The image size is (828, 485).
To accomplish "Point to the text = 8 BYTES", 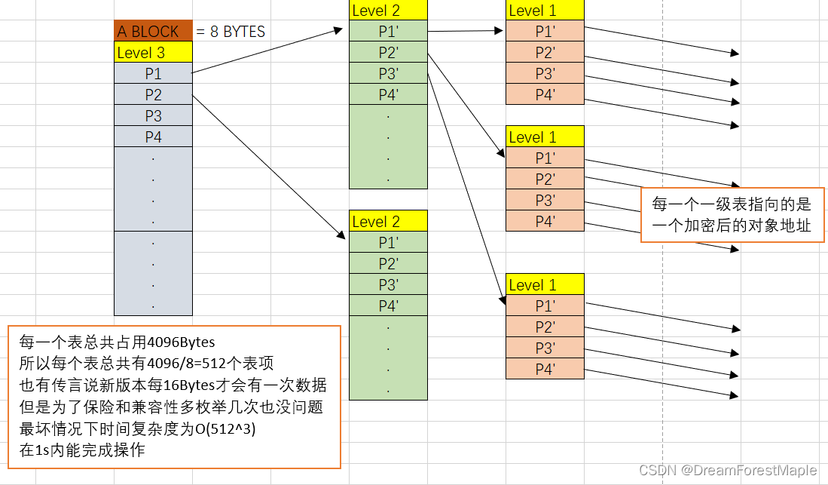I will [231, 32].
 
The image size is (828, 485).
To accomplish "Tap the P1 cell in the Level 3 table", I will [153, 74].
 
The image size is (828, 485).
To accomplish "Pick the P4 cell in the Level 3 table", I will [153, 137].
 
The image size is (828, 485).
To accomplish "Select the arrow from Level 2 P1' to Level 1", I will [465, 31].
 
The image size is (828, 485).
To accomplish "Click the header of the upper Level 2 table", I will [388, 11].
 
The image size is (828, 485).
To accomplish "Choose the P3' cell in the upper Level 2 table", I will [388, 74].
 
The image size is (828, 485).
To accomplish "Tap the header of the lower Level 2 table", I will [388, 222].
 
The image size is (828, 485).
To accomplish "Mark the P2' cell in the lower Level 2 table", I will [388, 264].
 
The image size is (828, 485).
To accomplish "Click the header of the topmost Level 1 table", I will [545, 11].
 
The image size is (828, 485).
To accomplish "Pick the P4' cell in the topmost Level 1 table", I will [545, 95].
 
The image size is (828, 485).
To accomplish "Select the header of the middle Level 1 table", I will [545, 137].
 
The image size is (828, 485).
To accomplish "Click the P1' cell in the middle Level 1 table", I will [545, 158].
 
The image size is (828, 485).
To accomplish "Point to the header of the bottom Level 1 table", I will [545, 285].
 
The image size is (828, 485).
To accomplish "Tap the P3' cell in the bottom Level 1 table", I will [545, 348].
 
